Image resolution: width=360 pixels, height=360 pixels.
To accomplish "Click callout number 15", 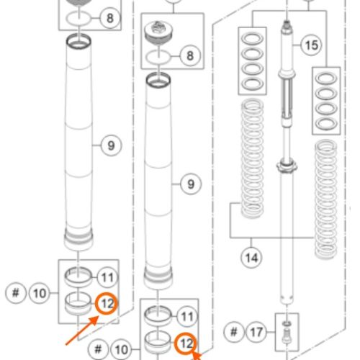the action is (x=311, y=45).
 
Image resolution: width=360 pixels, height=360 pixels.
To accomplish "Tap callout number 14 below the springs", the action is (x=251, y=258).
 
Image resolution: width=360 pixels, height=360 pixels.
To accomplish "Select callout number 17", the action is (x=256, y=332).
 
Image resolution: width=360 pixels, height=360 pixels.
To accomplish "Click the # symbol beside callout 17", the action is (x=234, y=332).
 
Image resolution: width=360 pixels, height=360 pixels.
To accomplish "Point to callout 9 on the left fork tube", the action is (x=111, y=145).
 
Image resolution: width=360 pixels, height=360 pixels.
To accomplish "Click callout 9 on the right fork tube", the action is (x=191, y=184).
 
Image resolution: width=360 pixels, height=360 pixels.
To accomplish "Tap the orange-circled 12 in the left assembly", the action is (x=107, y=304).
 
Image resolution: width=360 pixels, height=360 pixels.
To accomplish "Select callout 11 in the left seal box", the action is (x=107, y=278).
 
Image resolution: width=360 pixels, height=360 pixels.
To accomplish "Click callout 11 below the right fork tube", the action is (x=187, y=317).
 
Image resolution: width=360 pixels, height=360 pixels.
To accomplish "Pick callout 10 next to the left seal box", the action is (x=40, y=293).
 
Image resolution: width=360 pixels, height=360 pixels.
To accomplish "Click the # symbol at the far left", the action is (x=16, y=293).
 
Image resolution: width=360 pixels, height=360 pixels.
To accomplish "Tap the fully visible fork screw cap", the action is (x=159, y=32).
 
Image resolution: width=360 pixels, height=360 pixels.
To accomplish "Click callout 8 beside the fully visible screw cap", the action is (x=190, y=55).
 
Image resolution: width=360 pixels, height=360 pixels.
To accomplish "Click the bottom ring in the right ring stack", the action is (x=326, y=124).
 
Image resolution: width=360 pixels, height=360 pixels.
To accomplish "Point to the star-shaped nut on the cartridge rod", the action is (x=287, y=166).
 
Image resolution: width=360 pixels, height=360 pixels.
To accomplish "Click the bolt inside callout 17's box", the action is (x=287, y=337).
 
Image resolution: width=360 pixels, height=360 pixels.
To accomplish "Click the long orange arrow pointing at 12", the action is (x=82, y=330).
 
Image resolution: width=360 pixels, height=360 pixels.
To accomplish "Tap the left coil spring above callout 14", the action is (x=252, y=159).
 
